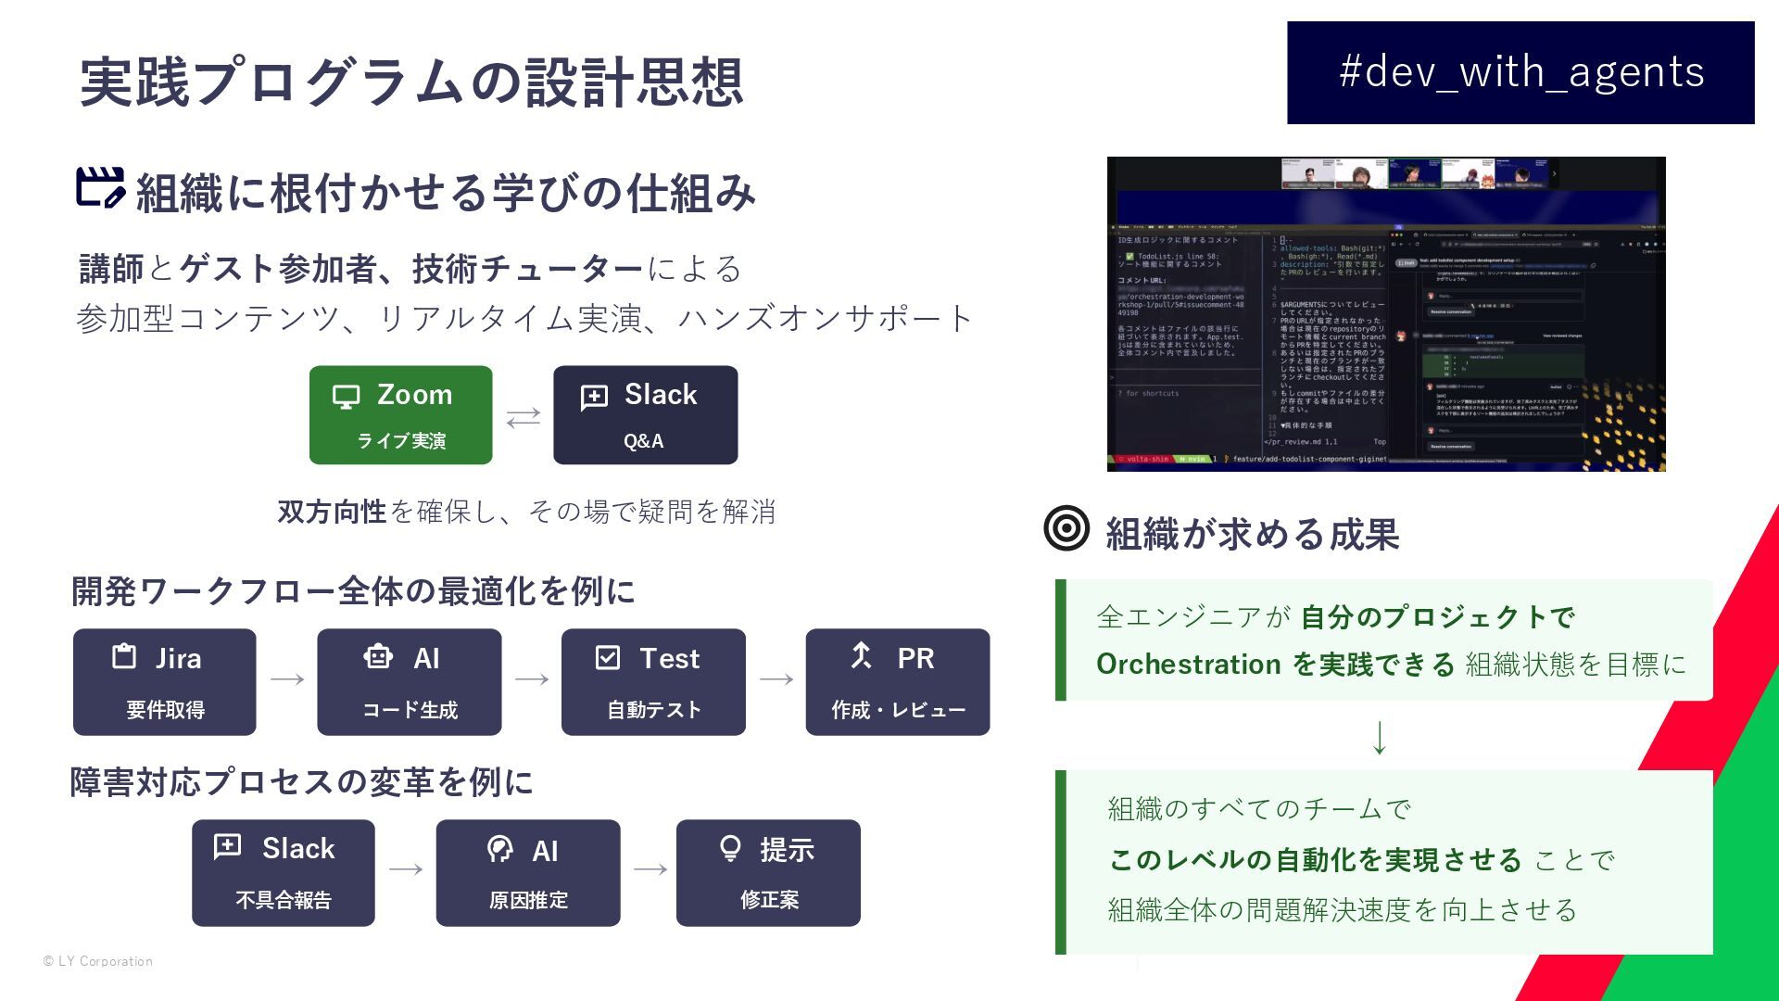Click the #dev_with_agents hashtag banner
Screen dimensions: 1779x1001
pyautogui.click(x=1520, y=72)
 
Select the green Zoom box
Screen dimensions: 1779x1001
pyautogui.click(x=400, y=414)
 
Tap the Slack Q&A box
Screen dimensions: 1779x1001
pyautogui.click(x=645, y=414)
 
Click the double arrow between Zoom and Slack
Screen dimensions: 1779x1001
pyautogui.click(x=524, y=417)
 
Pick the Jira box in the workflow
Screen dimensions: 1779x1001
pyautogui.click(x=164, y=681)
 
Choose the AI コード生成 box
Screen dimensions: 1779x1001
pyautogui.click(x=409, y=681)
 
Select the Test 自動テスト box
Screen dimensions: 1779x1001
pyautogui.click(x=653, y=681)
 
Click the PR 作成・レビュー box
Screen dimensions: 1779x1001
pyautogui.click(x=897, y=681)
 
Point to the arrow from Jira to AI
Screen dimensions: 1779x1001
pyautogui.click(x=287, y=679)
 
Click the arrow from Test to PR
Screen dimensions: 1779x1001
pyautogui.click(x=776, y=679)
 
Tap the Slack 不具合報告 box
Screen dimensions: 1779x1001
pyautogui.click(x=283, y=872)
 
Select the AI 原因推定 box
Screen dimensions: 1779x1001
pyautogui.click(x=527, y=872)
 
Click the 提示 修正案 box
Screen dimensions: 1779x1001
pyautogui.click(x=768, y=872)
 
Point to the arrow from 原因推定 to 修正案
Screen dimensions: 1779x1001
pyautogui.click(x=650, y=869)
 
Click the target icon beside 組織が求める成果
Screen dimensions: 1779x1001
pyautogui.click(x=1066, y=528)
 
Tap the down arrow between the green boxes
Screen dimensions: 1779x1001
pyautogui.click(x=1379, y=737)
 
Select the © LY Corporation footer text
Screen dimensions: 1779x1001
pyautogui.click(x=98, y=961)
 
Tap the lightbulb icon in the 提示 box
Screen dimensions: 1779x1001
pyautogui.click(x=730, y=848)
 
